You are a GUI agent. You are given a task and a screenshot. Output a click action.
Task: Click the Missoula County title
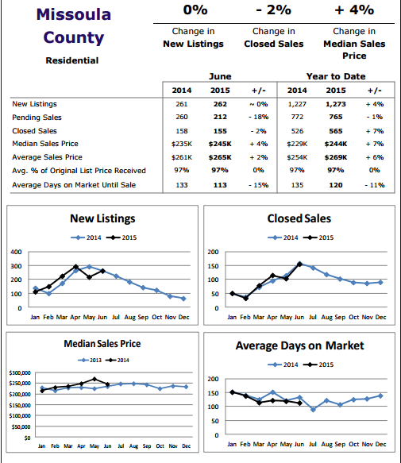coord(74,26)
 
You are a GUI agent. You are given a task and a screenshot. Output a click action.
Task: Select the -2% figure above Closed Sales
coord(273,10)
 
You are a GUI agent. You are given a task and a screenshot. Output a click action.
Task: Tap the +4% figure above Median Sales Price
coord(354,10)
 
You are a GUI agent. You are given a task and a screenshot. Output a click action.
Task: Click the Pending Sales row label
coord(37,118)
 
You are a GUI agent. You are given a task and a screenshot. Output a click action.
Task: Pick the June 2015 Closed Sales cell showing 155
coord(220,131)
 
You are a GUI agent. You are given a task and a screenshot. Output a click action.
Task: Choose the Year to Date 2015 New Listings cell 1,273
coord(336,104)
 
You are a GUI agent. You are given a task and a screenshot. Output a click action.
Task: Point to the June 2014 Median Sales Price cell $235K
coord(182,144)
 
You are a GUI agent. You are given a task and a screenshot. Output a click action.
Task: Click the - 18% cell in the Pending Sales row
coord(259,117)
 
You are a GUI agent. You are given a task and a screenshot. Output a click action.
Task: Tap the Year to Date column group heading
coord(336,76)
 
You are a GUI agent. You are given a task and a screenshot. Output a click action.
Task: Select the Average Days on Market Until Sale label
coord(74,185)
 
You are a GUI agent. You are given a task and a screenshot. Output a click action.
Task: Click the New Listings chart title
coord(102,218)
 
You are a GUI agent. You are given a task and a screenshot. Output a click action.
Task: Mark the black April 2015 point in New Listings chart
coord(75,267)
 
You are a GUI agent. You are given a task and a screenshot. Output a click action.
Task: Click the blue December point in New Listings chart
coord(183,299)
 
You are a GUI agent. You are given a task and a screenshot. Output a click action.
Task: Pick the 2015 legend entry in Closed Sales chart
coord(318,237)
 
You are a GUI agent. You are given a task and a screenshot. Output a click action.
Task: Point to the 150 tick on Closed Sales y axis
coord(213,266)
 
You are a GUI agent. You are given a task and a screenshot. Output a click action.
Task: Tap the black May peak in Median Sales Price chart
coord(94,379)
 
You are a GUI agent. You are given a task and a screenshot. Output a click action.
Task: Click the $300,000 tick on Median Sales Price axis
coord(20,373)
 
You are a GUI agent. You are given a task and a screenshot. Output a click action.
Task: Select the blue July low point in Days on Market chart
coord(313,410)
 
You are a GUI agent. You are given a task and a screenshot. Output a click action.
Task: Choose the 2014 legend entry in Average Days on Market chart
coord(283,365)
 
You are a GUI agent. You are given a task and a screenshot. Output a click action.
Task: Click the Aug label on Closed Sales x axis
coord(326,317)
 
